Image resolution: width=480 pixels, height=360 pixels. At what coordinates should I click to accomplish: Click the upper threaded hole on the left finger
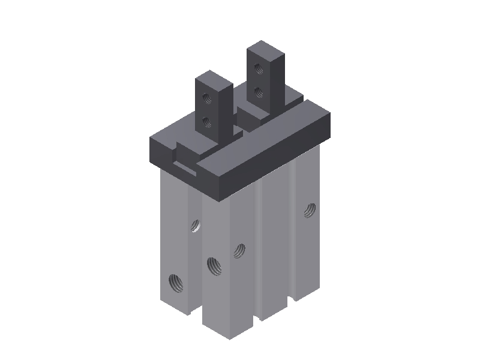[206, 96]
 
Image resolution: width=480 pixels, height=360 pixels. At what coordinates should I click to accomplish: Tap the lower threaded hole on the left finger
[207, 122]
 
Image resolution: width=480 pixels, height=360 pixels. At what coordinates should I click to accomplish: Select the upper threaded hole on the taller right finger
[259, 68]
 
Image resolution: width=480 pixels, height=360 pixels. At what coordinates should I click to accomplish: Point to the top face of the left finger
[214, 78]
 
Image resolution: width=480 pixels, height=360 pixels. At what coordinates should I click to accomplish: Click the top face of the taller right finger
[265, 49]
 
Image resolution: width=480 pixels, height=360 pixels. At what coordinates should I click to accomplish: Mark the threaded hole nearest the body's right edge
[310, 210]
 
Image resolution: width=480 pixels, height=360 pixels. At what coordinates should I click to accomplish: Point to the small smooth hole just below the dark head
[196, 226]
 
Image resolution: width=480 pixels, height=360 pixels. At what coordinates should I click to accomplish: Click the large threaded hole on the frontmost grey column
[213, 264]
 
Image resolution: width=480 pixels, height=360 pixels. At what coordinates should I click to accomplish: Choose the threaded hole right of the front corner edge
[239, 250]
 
